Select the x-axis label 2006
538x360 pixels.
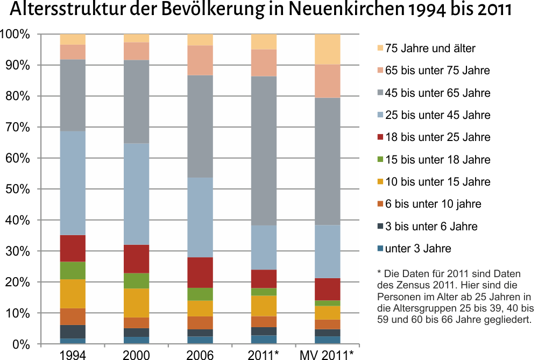(x=200, y=354)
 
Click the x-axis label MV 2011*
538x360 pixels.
(x=327, y=354)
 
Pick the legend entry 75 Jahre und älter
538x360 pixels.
(x=430, y=48)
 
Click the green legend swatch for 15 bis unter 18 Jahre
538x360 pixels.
(x=381, y=160)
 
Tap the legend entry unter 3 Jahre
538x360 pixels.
(x=418, y=249)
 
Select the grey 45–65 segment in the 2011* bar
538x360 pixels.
(x=264, y=151)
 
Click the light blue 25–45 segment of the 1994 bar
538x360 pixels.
(x=73, y=183)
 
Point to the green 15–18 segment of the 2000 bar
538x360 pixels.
(x=136, y=280)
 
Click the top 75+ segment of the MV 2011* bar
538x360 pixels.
(x=327, y=49)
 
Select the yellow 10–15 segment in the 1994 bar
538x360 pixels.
(x=73, y=293)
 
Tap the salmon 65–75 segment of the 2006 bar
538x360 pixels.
(x=200, y=60)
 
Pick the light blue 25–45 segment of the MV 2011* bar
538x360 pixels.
(x=327, y=251)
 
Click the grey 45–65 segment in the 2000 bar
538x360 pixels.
(x=136, y=102)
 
